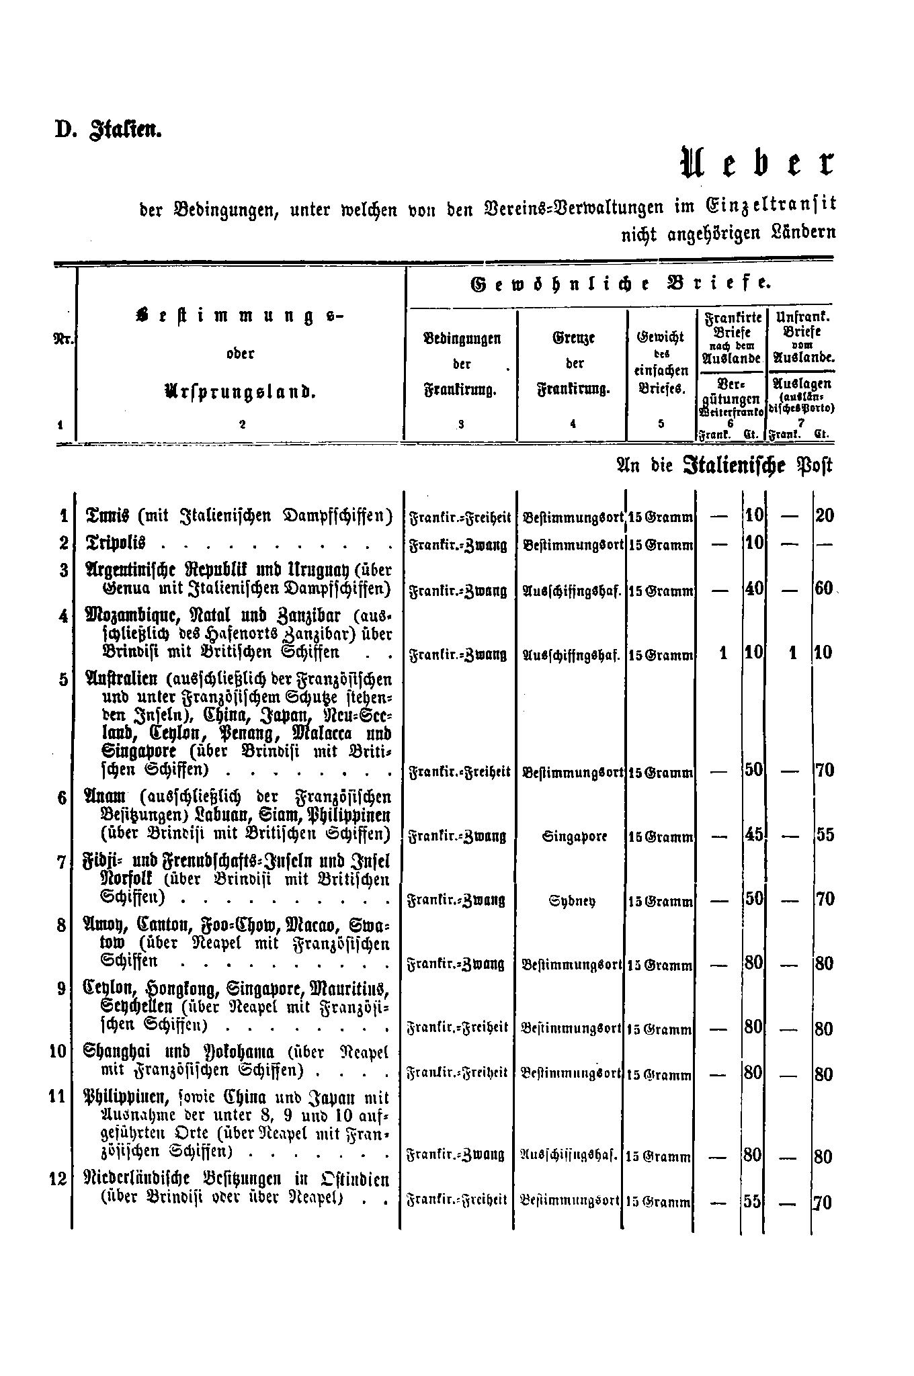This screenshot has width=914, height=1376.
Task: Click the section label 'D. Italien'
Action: (108, 128)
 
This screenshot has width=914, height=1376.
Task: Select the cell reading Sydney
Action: (573, 900)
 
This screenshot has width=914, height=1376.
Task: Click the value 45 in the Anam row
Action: (754, 834)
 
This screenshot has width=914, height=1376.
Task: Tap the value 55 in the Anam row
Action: (825, 835)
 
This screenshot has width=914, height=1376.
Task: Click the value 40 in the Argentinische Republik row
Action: (754, 589)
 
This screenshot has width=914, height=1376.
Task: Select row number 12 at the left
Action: (59, 1179)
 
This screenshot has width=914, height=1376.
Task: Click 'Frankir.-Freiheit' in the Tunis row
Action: (460, 518)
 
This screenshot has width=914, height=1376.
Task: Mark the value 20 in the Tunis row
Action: (825, 516)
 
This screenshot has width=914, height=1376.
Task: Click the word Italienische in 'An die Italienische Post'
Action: (734, 466)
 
